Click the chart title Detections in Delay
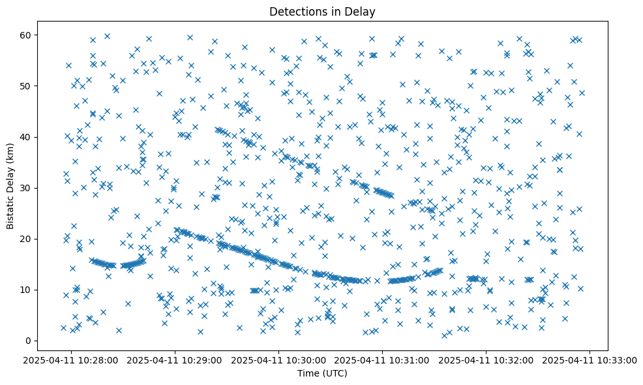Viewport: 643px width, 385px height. (322, 11)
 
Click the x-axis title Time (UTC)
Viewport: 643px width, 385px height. (322, 373)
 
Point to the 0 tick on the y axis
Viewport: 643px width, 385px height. (29, 341)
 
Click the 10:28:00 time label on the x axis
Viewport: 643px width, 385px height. (72, 360)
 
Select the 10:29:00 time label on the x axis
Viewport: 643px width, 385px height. (175, 360)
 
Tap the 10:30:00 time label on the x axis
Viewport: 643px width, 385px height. (279, 360)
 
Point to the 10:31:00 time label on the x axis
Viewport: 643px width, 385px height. (383, 360)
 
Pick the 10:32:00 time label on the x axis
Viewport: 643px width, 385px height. (486, 360)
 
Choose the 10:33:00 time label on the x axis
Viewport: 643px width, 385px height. (590, 360)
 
